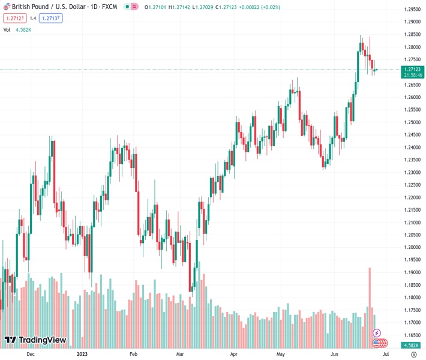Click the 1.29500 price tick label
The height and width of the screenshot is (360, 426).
click(412, 10)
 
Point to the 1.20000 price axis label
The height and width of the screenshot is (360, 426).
click(412, 247)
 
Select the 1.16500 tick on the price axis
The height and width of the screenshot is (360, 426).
click(412, 335)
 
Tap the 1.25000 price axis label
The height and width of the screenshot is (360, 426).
click(412, 122)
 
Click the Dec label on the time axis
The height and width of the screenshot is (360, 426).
click(31, 354)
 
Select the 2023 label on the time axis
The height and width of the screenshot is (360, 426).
click(82, 354)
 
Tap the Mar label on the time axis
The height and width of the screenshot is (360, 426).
click(180, 354)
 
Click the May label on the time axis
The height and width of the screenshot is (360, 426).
click(280, 354)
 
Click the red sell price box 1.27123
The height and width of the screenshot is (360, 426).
click(15, 18)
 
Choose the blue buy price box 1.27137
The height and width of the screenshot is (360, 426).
click(51, 18)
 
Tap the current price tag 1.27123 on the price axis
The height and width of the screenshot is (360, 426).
click(412, 70)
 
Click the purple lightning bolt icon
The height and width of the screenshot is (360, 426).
click(377, 332)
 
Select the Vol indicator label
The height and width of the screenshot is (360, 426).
click(7, 29)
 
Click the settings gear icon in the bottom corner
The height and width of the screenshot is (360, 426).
click(413, 354)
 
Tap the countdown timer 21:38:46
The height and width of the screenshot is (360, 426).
click(412, 75)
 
